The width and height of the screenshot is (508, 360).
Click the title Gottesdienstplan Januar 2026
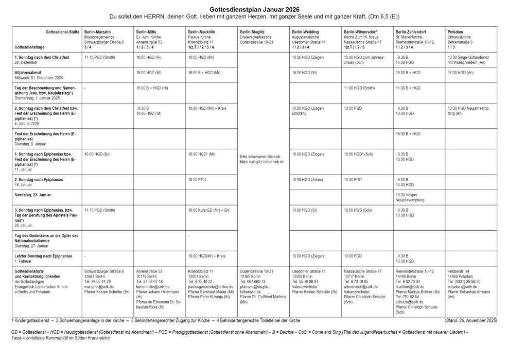[x=254, y=9]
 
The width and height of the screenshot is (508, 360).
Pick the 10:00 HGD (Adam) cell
[x=308, y=179]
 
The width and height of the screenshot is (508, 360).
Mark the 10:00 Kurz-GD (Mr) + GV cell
[x=208, y=210]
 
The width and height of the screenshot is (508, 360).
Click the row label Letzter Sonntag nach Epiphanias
[x=43, y=255]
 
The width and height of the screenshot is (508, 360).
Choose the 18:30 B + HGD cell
[x=408, y=133]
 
